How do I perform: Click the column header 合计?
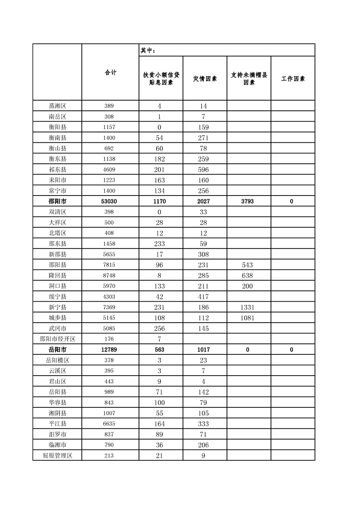click(110, 73)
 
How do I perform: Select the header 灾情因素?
click(205, 78)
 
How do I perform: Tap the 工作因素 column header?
click(293, 78)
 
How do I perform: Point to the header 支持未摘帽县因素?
click(249, 78)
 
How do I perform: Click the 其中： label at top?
click(148, 50)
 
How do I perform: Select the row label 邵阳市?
click(57, 201)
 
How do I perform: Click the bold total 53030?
click(110, 201)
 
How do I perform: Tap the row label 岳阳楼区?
click(57, 360)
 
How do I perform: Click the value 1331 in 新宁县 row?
click(249, 308)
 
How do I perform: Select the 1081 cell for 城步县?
click(249, 318)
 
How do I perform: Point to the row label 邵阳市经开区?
click(57, 339)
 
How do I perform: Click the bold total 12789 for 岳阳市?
click(110, 350)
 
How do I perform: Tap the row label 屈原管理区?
click(57, 456)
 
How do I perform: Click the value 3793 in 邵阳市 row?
click(249, 201)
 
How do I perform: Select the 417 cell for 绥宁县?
click(205, 297)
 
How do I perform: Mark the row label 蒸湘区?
click(57, 106)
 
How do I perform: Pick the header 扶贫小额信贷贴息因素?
click(161, 78)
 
